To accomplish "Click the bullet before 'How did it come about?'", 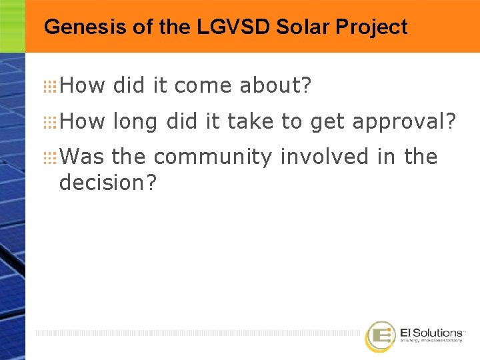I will pyautogui.click(x=50, y=86).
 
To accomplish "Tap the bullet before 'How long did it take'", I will pyautogui.click(x=50, y=122).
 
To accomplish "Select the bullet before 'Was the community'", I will pyautogui.click(x=50, y=158).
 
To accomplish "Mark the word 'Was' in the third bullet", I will pyautogui.click(x=82, y=157).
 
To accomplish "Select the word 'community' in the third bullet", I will pyautogui.click(x=212, y=158).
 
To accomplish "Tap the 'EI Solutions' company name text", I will pyautogui.click(x=431, y=332).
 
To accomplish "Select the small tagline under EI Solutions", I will pyautogui.click(x=431, y=341).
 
